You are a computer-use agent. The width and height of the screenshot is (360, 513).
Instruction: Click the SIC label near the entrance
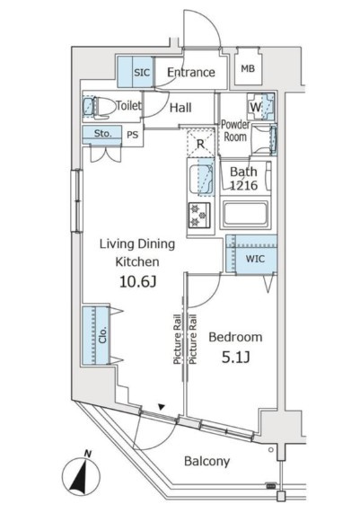[x=142, y=72]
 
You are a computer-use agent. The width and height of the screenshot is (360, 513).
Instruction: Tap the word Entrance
[x=191, y=72]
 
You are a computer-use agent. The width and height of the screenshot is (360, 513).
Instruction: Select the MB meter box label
[x=248, y=68]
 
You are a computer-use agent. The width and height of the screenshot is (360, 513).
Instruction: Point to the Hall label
[x=180, y=108]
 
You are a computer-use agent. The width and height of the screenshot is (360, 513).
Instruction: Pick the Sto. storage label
[x=102, y=133]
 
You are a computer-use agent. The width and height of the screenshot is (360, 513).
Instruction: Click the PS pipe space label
[x=133, y=135]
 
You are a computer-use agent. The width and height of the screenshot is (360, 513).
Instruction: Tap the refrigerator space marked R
[x=200, y=144]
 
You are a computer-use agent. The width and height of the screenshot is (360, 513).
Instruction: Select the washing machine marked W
[x=260, y=107]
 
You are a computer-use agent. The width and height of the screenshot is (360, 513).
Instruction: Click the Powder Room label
[x=235, y=130]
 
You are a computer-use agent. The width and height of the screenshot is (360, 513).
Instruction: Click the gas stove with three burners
[x=199, y=215]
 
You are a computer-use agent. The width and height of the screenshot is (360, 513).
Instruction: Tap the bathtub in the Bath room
[x=245, y=215]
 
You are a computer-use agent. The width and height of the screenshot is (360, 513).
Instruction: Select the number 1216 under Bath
[x=243, y=186]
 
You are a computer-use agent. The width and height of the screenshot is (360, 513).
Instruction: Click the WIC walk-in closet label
[x=255, y=259]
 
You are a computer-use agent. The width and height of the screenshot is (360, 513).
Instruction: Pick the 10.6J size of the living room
[x=137, y=281]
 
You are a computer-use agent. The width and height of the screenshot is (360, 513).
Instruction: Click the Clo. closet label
[x=103, y=335]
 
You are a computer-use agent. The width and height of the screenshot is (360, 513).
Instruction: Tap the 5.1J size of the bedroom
[x=236, y=358]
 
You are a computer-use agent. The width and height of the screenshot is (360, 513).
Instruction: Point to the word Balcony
[x=207, y=461]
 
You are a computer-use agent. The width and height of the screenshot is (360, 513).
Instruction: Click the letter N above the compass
[x=87, y=454]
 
